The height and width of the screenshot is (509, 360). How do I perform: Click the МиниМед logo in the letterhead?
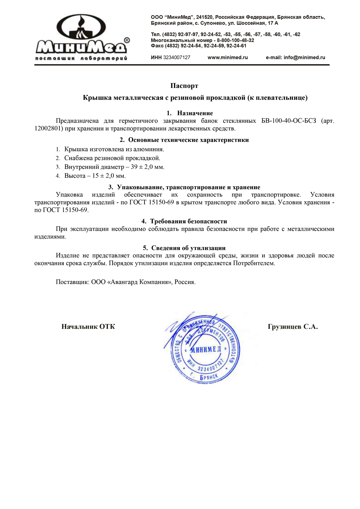(82, 37)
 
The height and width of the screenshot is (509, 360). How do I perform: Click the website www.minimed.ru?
(227, 58)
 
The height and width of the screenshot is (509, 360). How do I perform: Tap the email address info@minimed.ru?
(304, 58)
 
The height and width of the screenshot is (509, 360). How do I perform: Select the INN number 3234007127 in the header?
(176, 58)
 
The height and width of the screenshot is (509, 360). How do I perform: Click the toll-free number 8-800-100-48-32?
(235, 40)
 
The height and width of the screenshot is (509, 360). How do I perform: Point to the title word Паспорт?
(184, 86)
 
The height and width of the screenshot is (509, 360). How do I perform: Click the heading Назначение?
(195, 113)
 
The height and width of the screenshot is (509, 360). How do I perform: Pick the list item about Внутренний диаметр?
(114, 167)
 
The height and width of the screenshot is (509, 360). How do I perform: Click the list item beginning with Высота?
(95, 176)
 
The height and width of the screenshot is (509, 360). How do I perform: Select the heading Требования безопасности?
(188, 221)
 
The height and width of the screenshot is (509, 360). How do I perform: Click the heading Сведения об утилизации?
(188, 248)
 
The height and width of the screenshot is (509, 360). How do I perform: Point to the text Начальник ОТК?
(88, 327)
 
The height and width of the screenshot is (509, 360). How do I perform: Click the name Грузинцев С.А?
(292, 327)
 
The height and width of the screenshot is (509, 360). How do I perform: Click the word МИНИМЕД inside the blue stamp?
(205, 349)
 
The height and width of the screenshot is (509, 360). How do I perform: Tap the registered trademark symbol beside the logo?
(127, 40)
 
